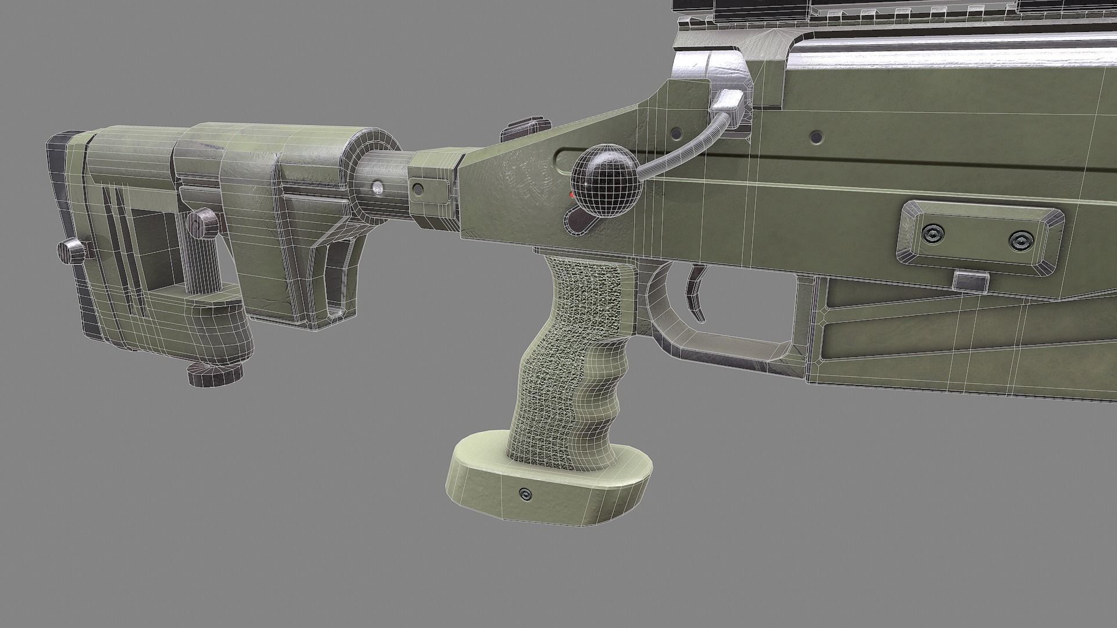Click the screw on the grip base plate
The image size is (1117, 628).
[x=526, y=494]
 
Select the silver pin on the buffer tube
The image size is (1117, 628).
[x=378, y=187]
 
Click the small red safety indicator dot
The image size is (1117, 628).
[x=573, y=196]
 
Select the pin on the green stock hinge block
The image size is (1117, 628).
[x=418, y=188]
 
